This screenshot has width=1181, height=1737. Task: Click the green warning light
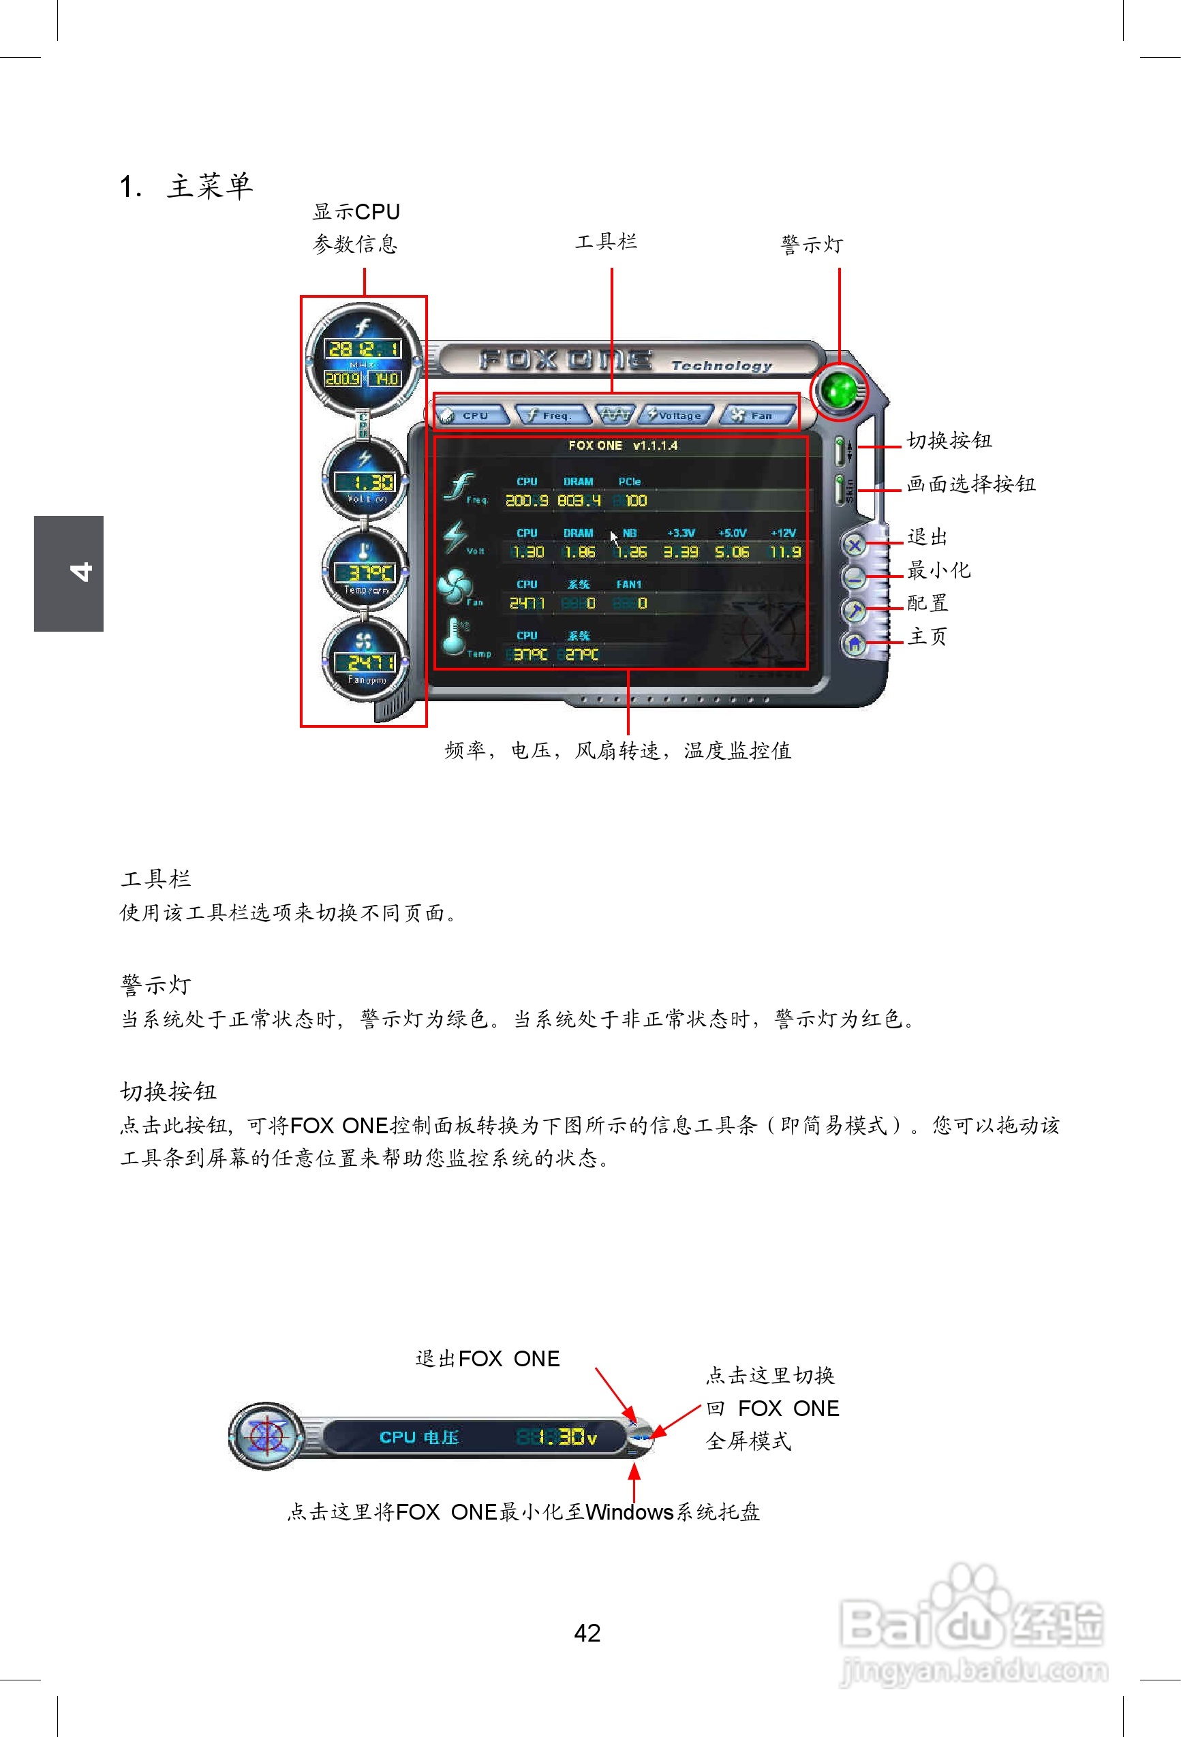[x=839, y=390]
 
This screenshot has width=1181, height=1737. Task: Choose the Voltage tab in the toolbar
[x=677, y=415]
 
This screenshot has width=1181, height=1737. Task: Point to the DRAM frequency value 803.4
[x=579, y=500]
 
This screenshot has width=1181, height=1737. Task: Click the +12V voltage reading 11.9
[x=785, y=551]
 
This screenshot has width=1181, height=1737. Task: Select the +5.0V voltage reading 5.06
[x=732, y=551]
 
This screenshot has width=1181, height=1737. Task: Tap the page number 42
[x=587, y=1632]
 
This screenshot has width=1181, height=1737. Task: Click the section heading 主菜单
[x=209, y=186]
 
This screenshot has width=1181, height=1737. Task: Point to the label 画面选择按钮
[x=970, y=484]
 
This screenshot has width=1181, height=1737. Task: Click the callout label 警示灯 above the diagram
[x=812, y=245]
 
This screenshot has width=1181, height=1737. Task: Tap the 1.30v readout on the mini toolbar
[x=565, y=1436]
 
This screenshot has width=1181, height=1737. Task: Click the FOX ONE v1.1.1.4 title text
[x=623, y=446]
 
